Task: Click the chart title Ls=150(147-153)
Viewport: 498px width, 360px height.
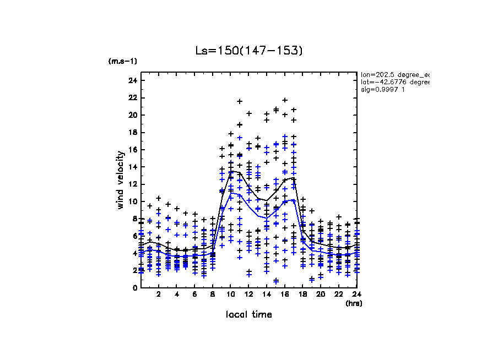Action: tap(249, 51)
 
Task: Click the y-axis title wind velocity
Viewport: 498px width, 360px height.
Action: tap(120, 180)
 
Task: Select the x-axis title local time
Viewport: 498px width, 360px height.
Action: tap(249, 314)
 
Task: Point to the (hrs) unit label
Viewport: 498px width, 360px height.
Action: tap(354, 303)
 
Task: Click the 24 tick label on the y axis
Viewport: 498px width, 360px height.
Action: tap(132, 80)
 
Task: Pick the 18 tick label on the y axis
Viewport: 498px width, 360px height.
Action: tap(132, 132)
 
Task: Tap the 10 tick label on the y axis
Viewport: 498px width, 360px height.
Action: tap(132, 201)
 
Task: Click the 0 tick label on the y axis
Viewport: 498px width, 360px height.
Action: tap(134, 287)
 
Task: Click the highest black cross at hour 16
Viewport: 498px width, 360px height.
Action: tap(285, 100)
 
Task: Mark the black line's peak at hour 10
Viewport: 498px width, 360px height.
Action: tap(231, 171)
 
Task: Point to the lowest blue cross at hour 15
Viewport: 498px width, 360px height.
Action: tap(276, 281)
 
